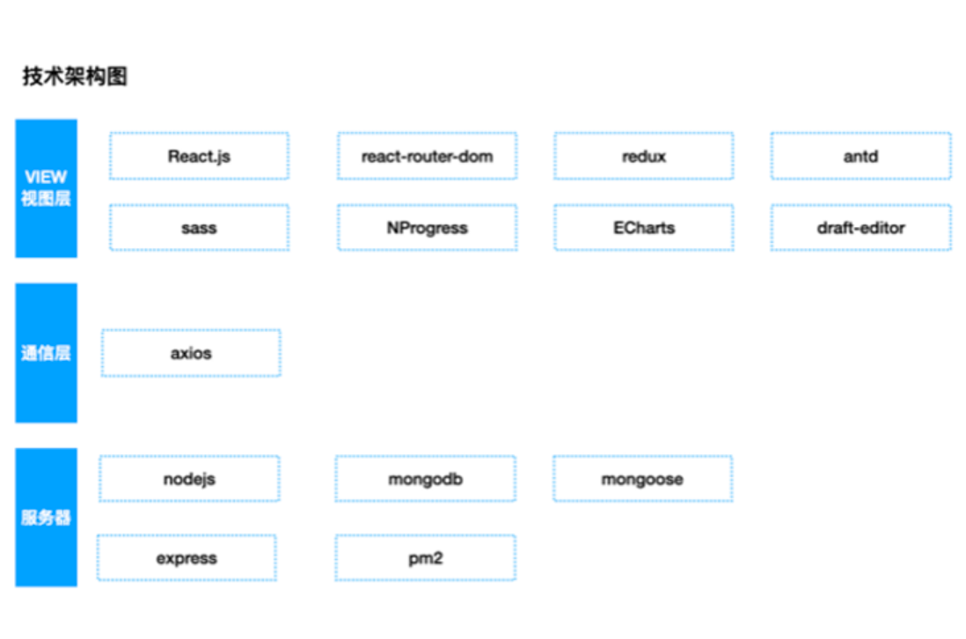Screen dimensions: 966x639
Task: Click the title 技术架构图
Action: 75,77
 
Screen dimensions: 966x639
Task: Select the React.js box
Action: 199,156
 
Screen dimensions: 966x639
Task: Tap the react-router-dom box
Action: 427,156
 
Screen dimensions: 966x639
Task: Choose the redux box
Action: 644,156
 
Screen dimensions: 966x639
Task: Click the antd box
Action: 860,156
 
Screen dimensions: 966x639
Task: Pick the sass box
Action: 199,227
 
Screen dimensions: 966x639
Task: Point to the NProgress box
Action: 427,227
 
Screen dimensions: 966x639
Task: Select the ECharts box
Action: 644,227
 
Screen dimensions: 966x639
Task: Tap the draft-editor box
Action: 860,227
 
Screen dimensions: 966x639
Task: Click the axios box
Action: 191,353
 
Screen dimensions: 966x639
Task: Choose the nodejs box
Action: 189,479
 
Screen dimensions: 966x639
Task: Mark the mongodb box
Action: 425,479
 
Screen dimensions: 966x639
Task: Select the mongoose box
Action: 642,479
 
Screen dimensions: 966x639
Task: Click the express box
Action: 187,558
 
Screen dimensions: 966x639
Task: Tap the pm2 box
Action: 425,558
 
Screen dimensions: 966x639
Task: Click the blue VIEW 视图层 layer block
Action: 47,188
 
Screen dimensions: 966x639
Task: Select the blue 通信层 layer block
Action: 47,353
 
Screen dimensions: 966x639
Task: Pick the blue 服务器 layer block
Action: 47,518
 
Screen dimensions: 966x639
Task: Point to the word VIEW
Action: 47,178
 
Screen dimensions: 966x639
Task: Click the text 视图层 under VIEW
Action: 47,198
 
